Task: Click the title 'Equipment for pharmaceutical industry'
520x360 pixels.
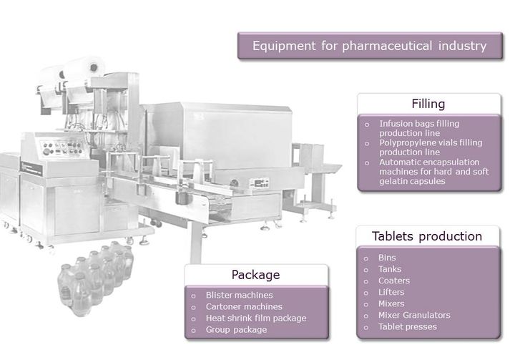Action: [x=370, y=47]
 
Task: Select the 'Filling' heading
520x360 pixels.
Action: [x=428, y=104]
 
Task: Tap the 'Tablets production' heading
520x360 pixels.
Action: [x=427, y=236]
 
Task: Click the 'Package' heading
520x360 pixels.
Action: [x=255, y=275]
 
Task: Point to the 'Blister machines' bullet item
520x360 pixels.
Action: [x=239, y=294]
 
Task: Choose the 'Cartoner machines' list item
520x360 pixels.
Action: [x=242, y=306]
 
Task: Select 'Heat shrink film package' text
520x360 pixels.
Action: [x=255, y=318]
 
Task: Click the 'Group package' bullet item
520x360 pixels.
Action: [x=236, y=329]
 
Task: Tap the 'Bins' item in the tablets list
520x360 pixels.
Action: [x=387, y=257]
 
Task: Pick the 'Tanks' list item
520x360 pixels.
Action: [x=391, y=268]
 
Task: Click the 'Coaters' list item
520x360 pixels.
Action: [x=394, y=281]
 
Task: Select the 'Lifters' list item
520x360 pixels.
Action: [x=391, y=292]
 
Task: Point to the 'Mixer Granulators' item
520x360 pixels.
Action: [x=414, y=315]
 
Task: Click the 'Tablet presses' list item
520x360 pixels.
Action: [x=408, y=326]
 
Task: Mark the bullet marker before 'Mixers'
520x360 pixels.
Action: [x=365, y=304]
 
